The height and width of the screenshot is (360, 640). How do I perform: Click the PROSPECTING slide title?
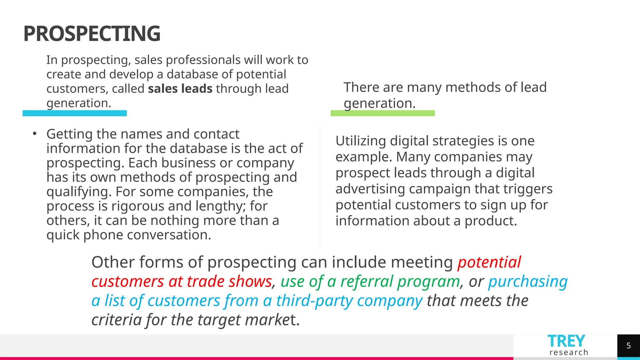pyautogui.click(x=92, y=34)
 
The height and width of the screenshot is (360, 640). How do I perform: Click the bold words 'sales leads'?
pyautogui.click(x=180, y=89)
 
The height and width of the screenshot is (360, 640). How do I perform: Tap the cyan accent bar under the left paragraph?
pyautogui.click(x=74, y=113)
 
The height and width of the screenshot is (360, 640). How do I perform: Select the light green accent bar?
pyautogui.click(x=382, y=113)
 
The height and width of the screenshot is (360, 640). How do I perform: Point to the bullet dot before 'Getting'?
pyautogui.click(x=35, y=134)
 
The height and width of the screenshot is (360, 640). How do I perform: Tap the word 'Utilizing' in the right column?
pyautogui.click(x=360, y=141)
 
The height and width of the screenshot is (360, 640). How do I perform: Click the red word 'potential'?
pyautogui.click(x=489, y=262)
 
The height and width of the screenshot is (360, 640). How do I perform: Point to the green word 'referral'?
pyautogui.click(x=366, y=281)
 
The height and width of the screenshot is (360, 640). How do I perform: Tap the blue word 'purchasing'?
pyautogui.click(x=528, y=281)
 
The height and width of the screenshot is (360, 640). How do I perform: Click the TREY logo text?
pyautogui.click(x=566, y=341)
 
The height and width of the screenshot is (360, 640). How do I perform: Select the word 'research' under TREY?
pyautogui.click(x=569, y=352)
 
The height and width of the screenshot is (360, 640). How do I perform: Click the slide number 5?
pyautogui.click(x=628, y=346)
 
